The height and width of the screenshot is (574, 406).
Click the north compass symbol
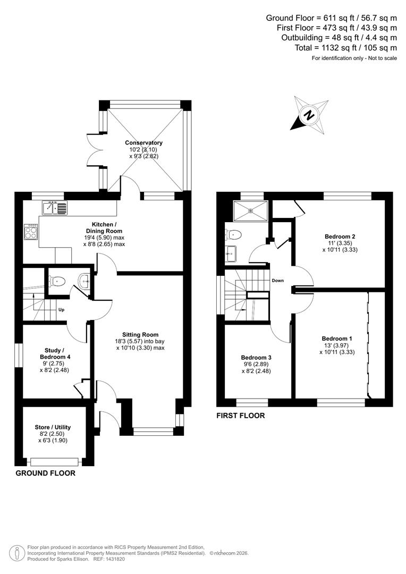pos(308,114)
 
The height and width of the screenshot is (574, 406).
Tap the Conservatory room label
pos(143,143)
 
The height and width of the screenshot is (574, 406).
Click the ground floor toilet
pos(58,281)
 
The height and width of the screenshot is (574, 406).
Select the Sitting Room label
pos(140,335)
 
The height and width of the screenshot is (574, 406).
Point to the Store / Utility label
pos(53,427)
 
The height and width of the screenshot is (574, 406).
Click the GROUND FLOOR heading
pos(45,473)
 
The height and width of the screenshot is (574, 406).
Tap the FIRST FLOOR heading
pos(240,416)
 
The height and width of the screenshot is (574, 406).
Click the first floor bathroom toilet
pos(234,234)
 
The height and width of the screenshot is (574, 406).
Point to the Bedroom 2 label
pos(340,237)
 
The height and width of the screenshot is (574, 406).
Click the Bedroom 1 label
pos(336,338)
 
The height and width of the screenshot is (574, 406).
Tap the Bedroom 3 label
pos(256,358)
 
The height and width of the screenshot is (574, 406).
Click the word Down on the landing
pos(278,280)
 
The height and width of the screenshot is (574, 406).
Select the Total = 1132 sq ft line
pos(345,47)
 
